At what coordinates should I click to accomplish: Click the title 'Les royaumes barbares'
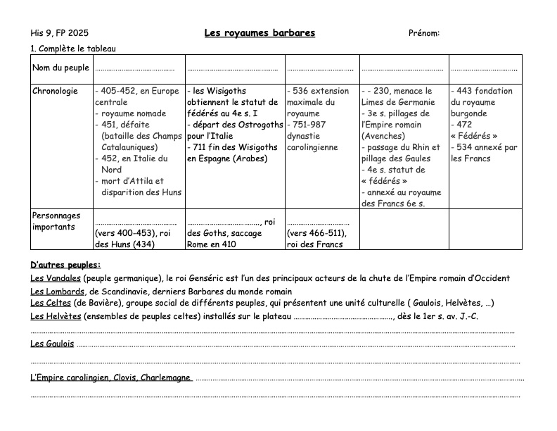[260, 33]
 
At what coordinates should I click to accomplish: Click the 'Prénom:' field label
[423, 33]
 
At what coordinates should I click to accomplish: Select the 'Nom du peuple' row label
[61, 68]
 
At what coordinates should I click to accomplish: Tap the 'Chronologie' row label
[55, 91]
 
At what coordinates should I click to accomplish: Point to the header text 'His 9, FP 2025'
[60, 33]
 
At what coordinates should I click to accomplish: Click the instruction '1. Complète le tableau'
[73, 49]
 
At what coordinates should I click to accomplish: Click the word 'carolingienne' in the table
[313, 147]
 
